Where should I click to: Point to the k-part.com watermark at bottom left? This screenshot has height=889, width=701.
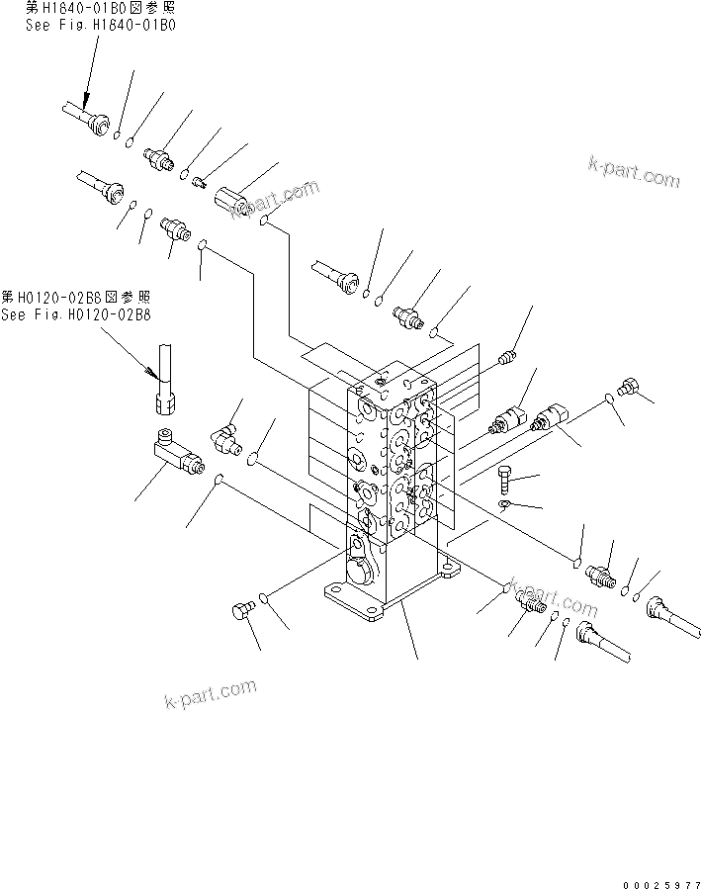point(210,695)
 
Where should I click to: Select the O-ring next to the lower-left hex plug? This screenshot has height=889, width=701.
point(263,598)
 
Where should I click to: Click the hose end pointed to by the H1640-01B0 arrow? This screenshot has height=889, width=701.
point(95,122)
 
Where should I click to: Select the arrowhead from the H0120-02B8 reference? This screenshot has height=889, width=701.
point(151,374)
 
